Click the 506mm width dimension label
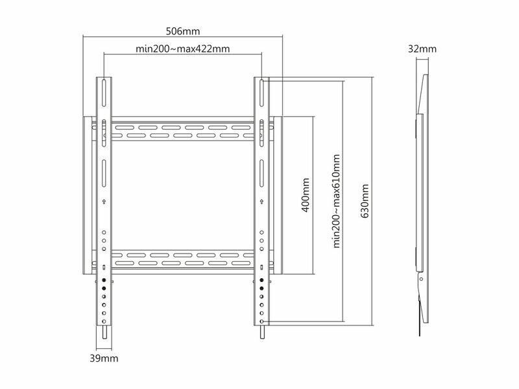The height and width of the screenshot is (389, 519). tap(183, 31)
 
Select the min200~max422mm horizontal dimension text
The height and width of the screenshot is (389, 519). tap(183, 49)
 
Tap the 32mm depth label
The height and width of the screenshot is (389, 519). tap(422, 49)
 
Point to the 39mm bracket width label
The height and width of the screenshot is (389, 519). tap(104, 359)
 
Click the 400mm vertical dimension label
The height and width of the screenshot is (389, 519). tap(306, 195)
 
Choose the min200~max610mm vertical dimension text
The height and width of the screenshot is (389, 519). tap(336, 201)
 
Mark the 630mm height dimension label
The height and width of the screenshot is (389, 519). tap(365, 201)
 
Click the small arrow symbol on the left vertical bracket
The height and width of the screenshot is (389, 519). tap(104, 202)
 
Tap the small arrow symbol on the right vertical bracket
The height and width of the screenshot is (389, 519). tap(261, 202)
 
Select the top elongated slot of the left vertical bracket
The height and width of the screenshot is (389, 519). tap(104, 93)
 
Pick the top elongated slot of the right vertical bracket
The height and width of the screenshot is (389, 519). tap(261, 93)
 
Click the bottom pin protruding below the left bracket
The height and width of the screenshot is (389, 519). tap(104, 332)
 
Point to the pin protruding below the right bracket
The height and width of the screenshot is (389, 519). tap(261, 332)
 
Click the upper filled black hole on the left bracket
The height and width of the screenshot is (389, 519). tap(104, 280)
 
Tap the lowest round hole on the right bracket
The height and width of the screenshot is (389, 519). tap(261, 322)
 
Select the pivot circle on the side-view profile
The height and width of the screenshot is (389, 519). tap(421, 279)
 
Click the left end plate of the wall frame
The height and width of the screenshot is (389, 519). tap(88, 195)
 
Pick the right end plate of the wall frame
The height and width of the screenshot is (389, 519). tap(278, 195)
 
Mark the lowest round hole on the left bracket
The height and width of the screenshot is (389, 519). tap(104, 322)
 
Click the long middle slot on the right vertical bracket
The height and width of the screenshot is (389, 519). tap(261, 174)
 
